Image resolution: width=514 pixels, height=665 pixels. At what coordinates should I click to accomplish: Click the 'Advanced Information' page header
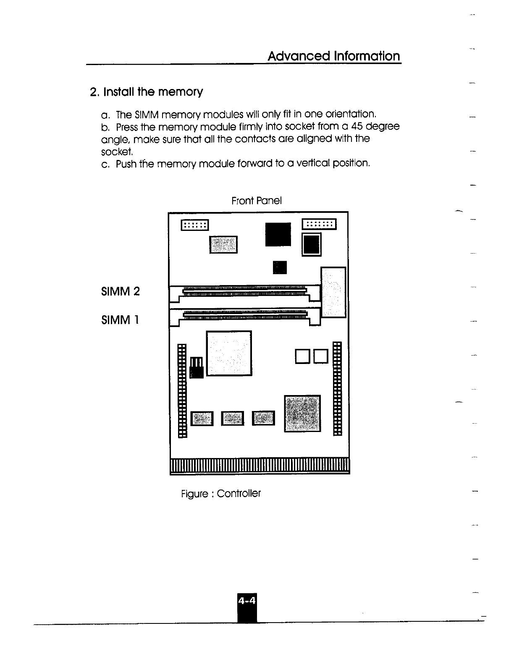click(334, 56)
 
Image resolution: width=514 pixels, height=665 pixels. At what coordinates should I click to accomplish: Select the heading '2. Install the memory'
click(147, 92)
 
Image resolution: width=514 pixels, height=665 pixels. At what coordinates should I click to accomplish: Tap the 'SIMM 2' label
click(120, 291)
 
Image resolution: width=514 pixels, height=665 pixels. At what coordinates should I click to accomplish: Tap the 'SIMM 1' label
click(120, 320)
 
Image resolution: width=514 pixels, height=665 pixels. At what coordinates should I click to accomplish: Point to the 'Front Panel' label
click(256, 201)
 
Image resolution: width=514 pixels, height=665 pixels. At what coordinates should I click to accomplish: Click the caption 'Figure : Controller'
click(220, 493)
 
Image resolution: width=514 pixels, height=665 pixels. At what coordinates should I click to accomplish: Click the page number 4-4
click(247, 601)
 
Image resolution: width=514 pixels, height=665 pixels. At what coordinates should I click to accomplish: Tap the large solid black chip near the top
click(278, 234)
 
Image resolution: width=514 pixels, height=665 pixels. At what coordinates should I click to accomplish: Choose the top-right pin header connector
click(319, 224)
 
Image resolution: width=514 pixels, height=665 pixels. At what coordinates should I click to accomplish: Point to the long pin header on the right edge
click(337, 389)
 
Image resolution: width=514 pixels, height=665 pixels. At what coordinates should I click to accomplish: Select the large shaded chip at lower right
click(302, 413)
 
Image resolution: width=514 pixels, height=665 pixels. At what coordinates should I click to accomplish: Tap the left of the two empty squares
click(302, 356)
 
